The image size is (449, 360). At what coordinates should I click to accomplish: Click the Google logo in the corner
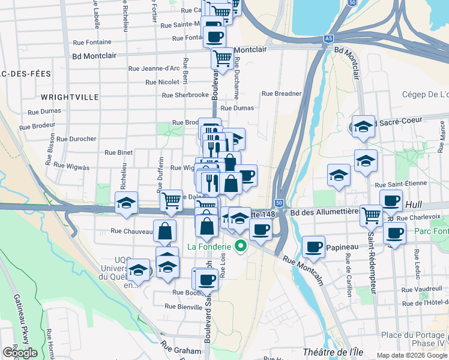(x=20, y=353)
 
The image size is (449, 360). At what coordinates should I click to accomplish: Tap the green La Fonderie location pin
(x=241, y=245)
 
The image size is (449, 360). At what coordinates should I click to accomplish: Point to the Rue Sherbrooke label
(x=185, y=95)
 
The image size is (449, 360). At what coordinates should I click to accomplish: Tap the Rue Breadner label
(x=282, y=94)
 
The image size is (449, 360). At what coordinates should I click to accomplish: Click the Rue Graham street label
(x=181, y=347)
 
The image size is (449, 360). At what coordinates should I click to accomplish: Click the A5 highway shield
(x=328, y=38)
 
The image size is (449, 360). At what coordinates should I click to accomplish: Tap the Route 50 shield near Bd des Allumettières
(x=279, y=203)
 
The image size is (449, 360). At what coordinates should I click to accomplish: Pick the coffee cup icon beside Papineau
(x=313, y=246)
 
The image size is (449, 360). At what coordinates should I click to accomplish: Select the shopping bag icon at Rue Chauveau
(x=165, y=230)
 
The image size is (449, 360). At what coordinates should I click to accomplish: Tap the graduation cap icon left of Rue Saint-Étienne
(x=339, y=175)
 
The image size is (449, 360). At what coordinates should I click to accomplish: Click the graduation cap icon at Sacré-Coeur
(x=363, y=126)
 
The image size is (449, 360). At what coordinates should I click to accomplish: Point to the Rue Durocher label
(x=75, y=139)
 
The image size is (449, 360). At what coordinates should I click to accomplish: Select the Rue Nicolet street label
(x=162, y=82)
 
